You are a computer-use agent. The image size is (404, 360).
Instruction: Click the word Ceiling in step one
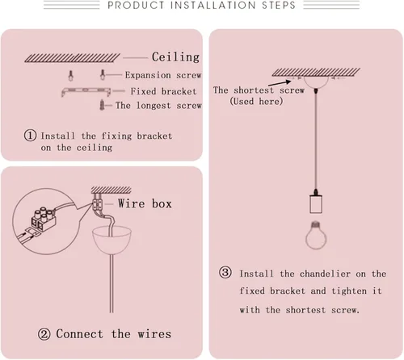175,57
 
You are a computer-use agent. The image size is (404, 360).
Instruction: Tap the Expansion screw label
163,75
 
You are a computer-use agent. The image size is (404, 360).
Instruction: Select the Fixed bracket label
163,91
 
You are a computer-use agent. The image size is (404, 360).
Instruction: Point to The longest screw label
158,105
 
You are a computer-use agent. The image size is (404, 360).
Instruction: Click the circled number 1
30,136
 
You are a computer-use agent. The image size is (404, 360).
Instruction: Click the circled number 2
44,334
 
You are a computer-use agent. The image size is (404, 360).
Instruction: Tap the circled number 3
225,272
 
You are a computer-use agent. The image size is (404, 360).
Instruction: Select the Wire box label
145,203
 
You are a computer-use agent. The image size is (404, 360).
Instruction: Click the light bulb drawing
316,235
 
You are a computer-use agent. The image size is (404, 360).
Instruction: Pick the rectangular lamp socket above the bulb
316,204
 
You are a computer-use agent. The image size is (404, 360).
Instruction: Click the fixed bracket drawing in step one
86,92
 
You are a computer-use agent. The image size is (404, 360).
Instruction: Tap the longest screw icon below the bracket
102,105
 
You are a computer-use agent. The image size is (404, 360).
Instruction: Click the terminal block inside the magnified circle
44,219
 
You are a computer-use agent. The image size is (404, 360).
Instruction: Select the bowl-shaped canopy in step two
112,240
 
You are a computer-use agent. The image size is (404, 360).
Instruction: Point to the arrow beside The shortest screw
280,83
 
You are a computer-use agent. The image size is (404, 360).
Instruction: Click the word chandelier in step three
325,274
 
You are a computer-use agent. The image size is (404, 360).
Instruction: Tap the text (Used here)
256,102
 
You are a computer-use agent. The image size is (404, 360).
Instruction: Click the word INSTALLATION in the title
213,6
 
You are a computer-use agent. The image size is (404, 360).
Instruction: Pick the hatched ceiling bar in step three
316,72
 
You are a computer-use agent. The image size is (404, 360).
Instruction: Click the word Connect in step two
79,334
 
